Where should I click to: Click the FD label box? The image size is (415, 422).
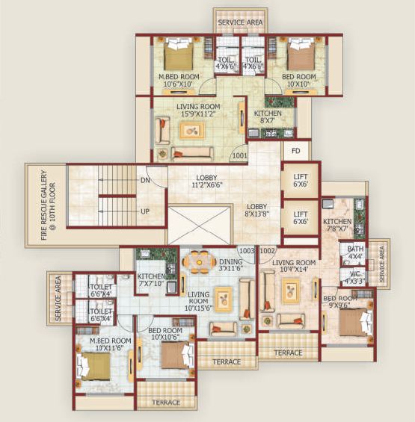coord(295,151)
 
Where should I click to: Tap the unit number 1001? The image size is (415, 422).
coord(239,157)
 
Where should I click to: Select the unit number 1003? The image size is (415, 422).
coord(246,251)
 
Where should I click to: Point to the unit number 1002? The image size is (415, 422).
coord(268,251)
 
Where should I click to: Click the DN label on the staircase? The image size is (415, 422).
coord(144,180)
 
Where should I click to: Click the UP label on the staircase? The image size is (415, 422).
coord(144,211)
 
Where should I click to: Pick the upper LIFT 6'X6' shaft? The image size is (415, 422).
coord(300,180)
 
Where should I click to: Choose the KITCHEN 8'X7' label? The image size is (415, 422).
coord(268,117)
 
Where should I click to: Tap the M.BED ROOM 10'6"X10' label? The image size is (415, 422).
coord(179,80)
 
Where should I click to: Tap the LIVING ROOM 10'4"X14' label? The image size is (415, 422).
coord(292,267)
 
